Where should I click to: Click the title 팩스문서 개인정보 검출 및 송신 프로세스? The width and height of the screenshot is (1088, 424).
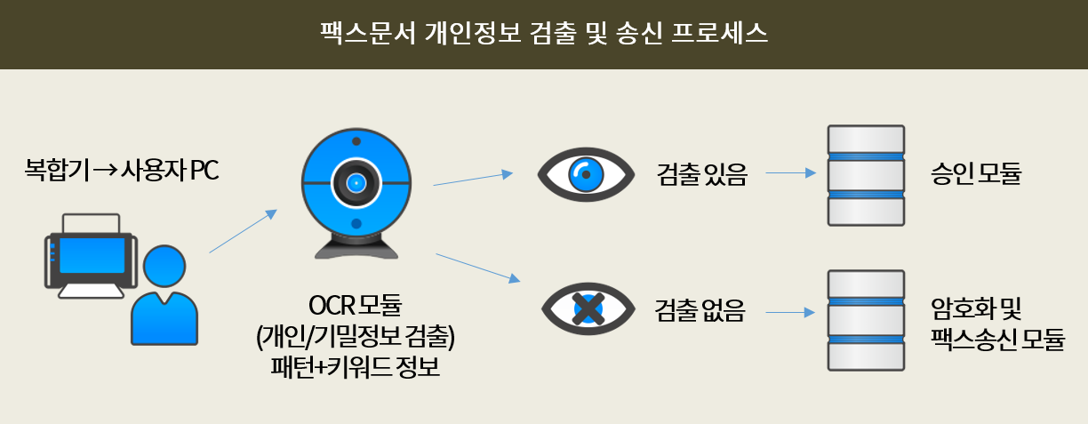543,33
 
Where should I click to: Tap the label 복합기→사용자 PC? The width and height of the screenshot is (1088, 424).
122,170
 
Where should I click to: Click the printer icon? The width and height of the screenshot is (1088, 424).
91,256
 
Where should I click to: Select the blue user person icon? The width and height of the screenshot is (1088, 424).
164,295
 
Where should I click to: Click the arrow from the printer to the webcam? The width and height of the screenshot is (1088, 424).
243,231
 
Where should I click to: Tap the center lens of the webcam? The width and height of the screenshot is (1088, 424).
356,183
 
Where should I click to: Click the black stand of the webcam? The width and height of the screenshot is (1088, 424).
356,247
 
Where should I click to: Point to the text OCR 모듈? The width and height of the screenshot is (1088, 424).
355,305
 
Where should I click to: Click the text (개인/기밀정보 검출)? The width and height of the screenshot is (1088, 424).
355,336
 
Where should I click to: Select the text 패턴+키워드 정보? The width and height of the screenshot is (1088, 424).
355,367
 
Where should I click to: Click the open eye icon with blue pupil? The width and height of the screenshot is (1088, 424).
586,174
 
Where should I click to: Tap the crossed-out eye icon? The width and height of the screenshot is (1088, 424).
588,309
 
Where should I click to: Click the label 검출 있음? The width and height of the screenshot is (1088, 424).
702,174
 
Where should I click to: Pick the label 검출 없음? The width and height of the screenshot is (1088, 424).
700,310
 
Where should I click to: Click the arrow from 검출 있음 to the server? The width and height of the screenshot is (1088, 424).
791,173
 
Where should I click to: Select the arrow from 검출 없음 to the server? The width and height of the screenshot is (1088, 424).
790,312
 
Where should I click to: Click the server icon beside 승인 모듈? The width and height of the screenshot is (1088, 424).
866,175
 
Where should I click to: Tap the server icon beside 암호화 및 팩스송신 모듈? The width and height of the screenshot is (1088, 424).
866,321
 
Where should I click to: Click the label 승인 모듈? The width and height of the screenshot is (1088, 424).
976,173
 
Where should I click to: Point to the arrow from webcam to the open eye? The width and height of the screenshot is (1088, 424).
473,179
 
